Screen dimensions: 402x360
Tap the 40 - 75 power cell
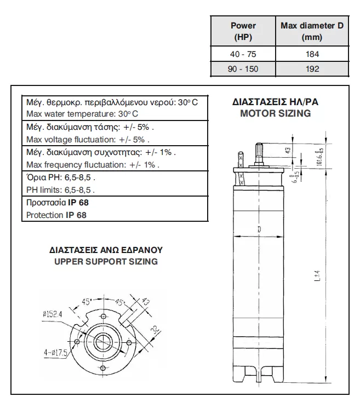(x=243, y=54)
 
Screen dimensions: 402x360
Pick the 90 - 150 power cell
(x=243, y=69)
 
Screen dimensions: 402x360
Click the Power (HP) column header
(x=243, y=31)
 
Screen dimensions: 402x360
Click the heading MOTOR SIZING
(x=275, y=113)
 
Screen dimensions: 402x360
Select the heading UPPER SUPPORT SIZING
(x=106, y=261)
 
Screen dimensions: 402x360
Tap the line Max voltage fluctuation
(x=88, y=139)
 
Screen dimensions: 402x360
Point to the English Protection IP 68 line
(x=56, y=215)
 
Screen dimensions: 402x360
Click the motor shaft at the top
(x=259, y=153)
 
